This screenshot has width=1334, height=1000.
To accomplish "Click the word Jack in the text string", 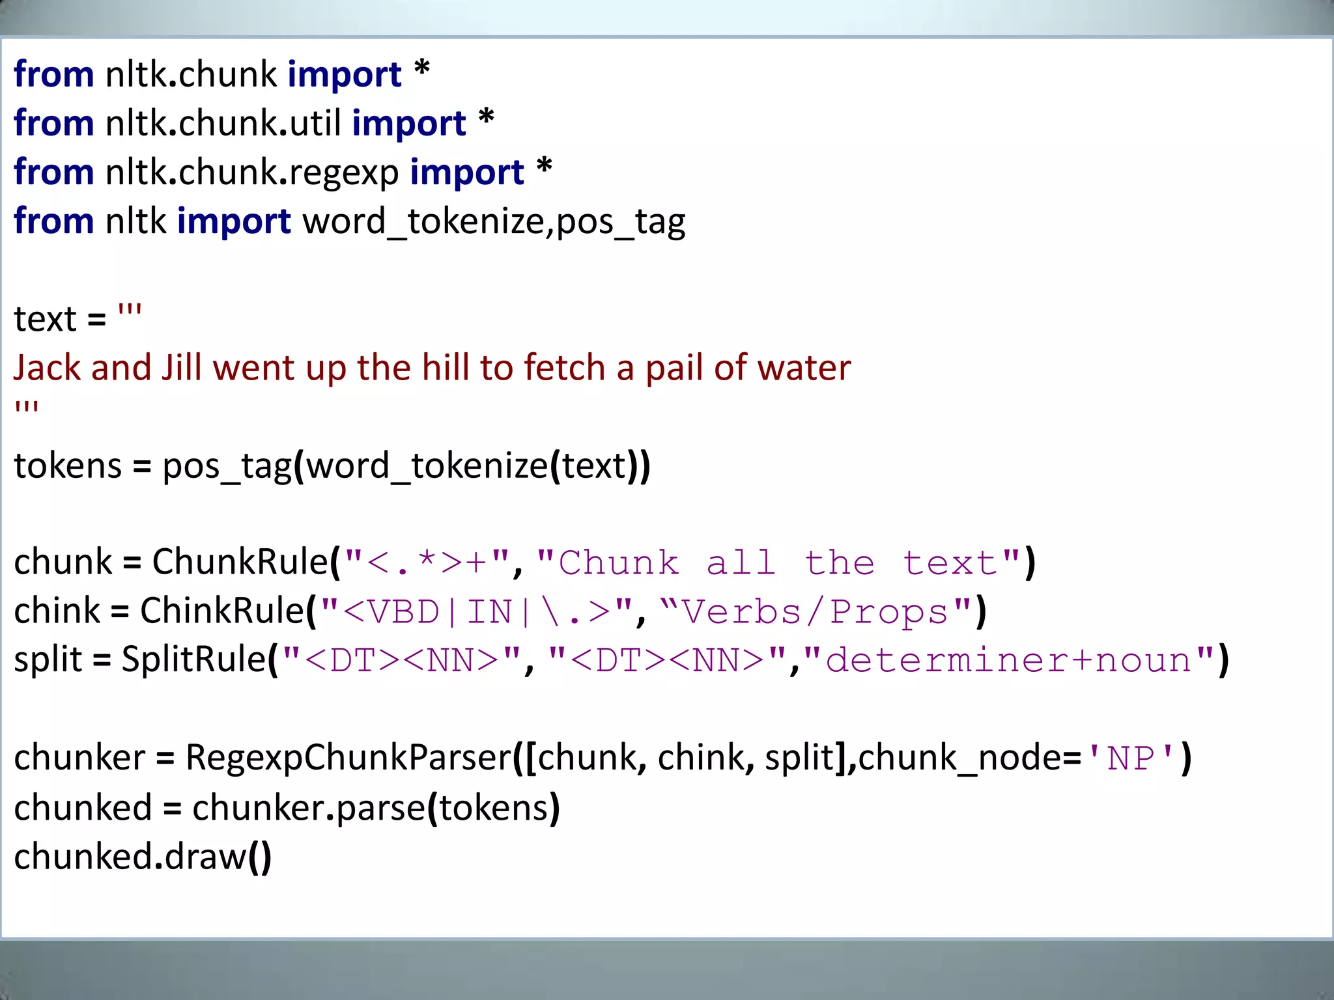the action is [x=46, y=368].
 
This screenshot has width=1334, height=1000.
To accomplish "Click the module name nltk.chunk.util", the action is [x=223, y=123].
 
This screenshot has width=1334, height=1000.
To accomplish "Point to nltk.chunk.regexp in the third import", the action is [x=252, y=173].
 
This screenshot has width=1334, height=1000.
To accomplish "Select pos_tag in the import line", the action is [x=621, y=221].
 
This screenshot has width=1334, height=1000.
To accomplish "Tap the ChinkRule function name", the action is [x=222, y=611].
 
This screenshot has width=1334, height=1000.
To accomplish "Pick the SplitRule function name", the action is [x=194, y=660].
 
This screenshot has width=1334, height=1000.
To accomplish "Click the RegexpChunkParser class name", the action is [x=348, y=758].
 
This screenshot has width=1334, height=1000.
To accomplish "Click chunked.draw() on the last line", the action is [x=143, y=857].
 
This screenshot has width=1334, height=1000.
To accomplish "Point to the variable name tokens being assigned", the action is [x=68, y=466].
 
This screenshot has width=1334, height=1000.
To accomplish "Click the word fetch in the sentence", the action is [x=565, y=368].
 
